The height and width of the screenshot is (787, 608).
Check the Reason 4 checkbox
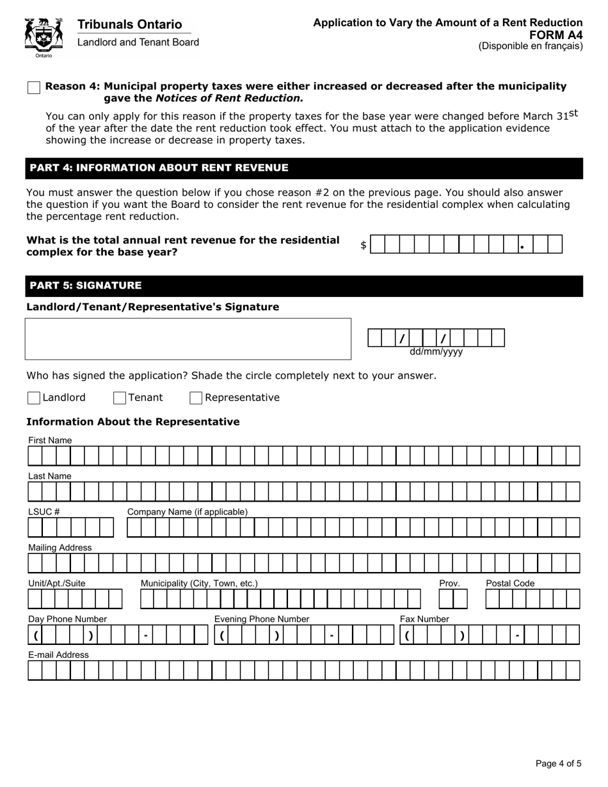pyautogui.click(x=34, y=88)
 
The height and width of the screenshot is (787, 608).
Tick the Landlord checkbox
pyautogui.click(x=34, y=398)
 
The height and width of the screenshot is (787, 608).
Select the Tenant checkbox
pyautogui.click(x=120, y=398)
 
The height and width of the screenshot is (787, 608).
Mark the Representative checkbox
pyautogui.click(x=196, y=398)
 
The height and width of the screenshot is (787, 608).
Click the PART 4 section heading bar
pyautogui.click(x=304, y=168)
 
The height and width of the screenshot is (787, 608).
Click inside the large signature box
pyautogui.click(x=188, y=338)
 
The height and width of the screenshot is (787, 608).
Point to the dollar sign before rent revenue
pyautogui.click(x=364, y=245)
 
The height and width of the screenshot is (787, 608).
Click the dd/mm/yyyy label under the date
pyautogui.click(x=436, y=352)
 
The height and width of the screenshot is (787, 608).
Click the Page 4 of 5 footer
pyautogui.click(x=558, y=763)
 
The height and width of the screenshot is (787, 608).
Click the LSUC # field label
pyautogui.click(x=44, y=512)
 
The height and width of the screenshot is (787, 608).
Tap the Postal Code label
pyautogui.click(x=510, y=584)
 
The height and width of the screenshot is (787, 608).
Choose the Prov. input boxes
pyautogui.click(x=453, y=599)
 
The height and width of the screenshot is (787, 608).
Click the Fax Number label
pyautogui.click(x=424, y=619)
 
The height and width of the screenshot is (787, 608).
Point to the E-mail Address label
pyautogui.click(x=58, y=655)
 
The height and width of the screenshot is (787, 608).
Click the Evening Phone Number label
pyautogui.click(x=261, y=619)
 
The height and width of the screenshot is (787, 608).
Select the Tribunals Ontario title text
pyautogui.click(x=129, y=24)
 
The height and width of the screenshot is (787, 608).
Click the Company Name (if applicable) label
pyautogui.click(x=187, y=512)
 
